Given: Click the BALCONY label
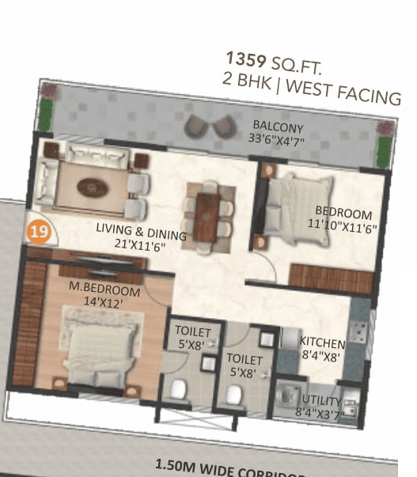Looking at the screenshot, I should click(278, 126).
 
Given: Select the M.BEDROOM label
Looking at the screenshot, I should click(104, 289).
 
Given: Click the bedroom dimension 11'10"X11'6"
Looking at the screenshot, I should click(341, 225).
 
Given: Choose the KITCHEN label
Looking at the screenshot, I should click(322, 343).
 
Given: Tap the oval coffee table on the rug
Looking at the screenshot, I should click(93, 188).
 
